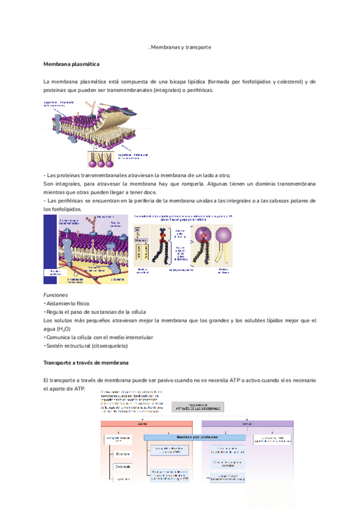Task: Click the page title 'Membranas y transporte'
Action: point(180,47)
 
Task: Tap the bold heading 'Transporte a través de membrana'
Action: point(86,363)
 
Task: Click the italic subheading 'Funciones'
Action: point(55,295)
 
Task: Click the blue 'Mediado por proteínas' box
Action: point(194,437)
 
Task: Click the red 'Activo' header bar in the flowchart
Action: point(143,424)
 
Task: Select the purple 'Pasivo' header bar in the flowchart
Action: point(247,424)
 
